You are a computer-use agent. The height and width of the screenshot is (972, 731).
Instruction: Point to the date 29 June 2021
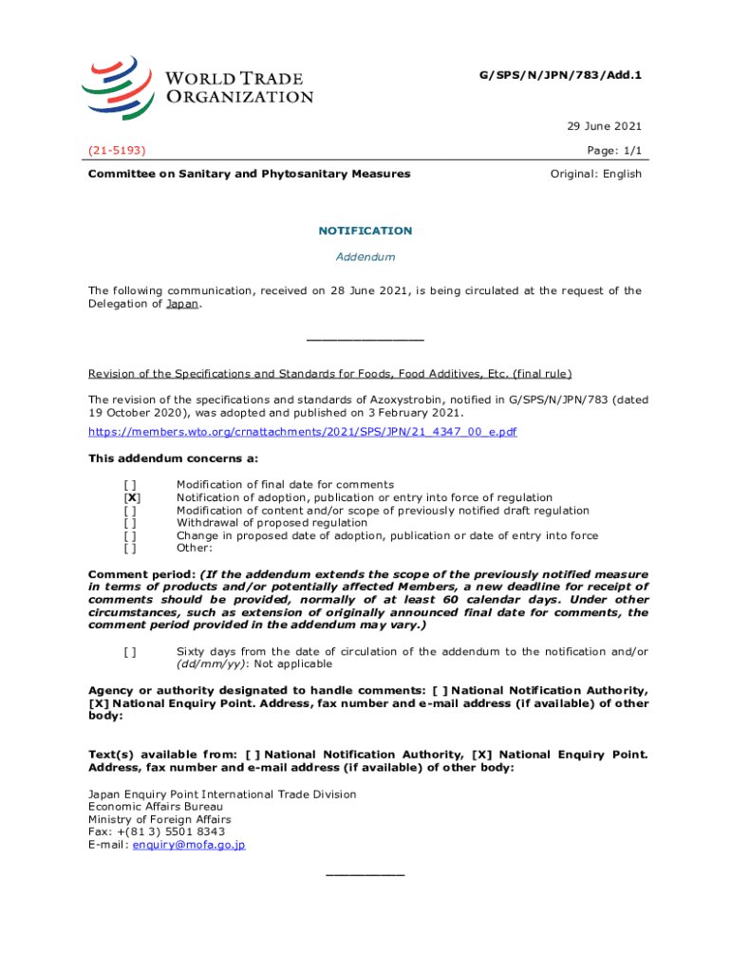pyautogui.click(x=605, y=126)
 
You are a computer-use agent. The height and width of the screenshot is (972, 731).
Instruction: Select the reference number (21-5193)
pyautogui.click(x=116, y=150)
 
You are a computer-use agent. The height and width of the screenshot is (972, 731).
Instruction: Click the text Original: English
pyautogui.click(x=597, y=174)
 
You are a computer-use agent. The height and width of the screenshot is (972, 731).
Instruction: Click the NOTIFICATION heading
pyautogui.click(x=365, y=231)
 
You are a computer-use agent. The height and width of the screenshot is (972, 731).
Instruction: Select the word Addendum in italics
pyautogui.click(x=365, y=257)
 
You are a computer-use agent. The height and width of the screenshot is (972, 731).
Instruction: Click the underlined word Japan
pyautogui.click(x=182, y=305)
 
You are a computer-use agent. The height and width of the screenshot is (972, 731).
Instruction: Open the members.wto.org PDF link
pyautogui.click(x=302, y=432)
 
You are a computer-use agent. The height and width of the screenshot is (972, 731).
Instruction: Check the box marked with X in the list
pyautogui.click(x=132, y=497)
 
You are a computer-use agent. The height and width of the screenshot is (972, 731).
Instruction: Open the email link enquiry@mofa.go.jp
pyautogui.click(x=189, y=844)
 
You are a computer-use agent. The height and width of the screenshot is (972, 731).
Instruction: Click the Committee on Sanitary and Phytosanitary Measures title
pyautogui.click(x=249, y=174)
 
